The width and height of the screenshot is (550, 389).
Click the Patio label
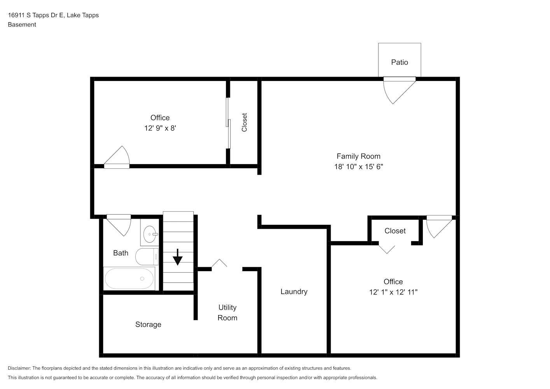[399, 62]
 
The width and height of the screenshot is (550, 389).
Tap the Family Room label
[358, 156]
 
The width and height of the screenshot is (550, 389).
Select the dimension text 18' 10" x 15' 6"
[358, 167]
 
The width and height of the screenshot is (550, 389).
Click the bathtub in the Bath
[130, 279]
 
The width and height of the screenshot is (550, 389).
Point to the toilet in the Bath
[147, 257]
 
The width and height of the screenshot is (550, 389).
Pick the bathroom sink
[150, 234]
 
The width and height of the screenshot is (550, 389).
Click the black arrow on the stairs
[178, 257]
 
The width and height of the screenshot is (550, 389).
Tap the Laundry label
[294, 292]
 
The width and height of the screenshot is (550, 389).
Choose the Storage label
[148, 324]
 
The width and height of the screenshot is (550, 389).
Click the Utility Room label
[227, 313]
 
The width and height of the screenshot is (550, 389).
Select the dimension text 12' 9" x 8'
[160, 128]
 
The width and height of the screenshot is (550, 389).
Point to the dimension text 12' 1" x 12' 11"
[393, 292]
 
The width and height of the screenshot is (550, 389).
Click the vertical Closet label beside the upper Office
[245, 123]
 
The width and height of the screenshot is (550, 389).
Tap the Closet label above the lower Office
[395, 231]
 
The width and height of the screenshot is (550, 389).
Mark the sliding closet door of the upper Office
[228, 123]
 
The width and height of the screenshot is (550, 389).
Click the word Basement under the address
[22, 25]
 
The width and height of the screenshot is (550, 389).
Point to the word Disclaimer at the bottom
[19, 368]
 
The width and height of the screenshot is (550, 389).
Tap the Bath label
[121, 253]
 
